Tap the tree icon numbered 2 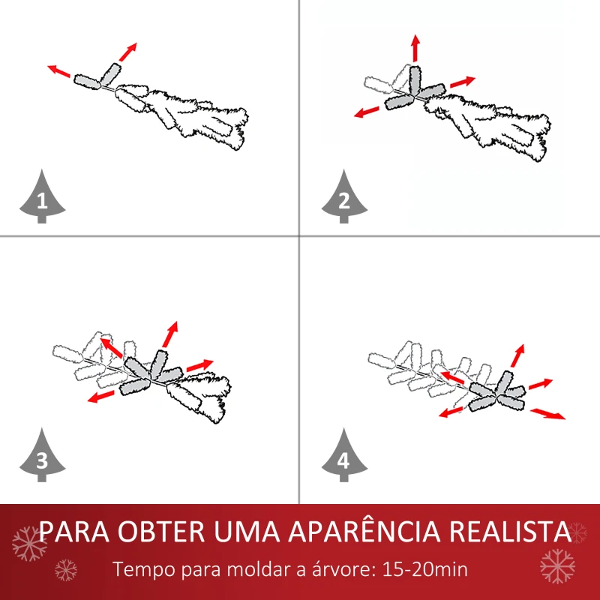tap(343, 198)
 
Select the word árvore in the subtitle tap(335, 568)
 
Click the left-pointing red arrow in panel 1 tap(59, 71)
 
